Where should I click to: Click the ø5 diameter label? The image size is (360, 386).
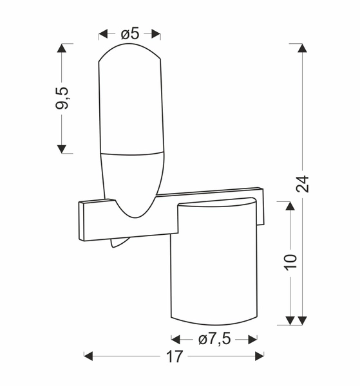[x=130, y=33]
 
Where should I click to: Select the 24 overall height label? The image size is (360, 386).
[x=303, y=183]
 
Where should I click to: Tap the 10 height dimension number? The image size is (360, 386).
[x=290, y=261]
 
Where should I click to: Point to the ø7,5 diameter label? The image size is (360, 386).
[x=214, y=338]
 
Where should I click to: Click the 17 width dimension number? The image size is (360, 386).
[x=175, y=356]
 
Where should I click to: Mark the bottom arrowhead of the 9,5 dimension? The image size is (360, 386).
[x=62, y=149]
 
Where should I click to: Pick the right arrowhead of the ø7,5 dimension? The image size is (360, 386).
[x=253, y=338]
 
